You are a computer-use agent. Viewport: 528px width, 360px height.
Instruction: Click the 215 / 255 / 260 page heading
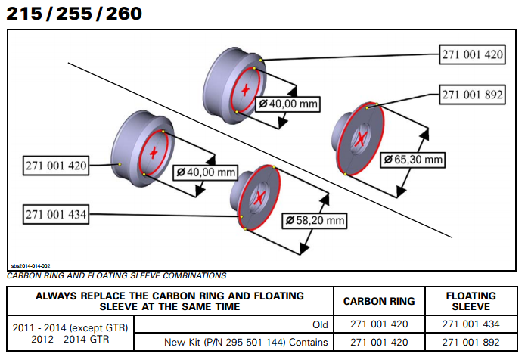(73, 13)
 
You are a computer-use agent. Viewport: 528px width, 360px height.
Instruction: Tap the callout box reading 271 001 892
(471, 95)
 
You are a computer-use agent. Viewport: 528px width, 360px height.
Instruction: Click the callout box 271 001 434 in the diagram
(55, 215)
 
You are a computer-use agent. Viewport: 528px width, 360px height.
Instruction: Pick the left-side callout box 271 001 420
(55, 164)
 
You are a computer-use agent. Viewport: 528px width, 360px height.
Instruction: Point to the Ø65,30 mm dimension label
(413, 160)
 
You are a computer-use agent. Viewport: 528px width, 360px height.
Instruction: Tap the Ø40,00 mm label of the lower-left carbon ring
(205, 172)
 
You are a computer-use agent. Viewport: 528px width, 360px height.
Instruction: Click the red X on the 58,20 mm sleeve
(259, 197)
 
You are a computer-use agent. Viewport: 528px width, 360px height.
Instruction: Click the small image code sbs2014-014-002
(30, 266)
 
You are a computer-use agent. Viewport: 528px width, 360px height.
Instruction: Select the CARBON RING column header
(379, 301)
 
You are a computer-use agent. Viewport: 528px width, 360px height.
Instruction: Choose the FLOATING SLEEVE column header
(471, 301)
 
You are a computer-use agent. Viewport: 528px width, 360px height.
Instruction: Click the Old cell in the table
(320, 326)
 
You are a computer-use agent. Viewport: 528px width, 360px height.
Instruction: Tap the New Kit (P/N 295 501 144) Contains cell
(247, 342)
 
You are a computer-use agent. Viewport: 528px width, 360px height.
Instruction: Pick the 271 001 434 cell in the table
(471, 326)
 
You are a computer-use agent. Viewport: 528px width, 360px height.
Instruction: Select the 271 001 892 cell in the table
(471, 342)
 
